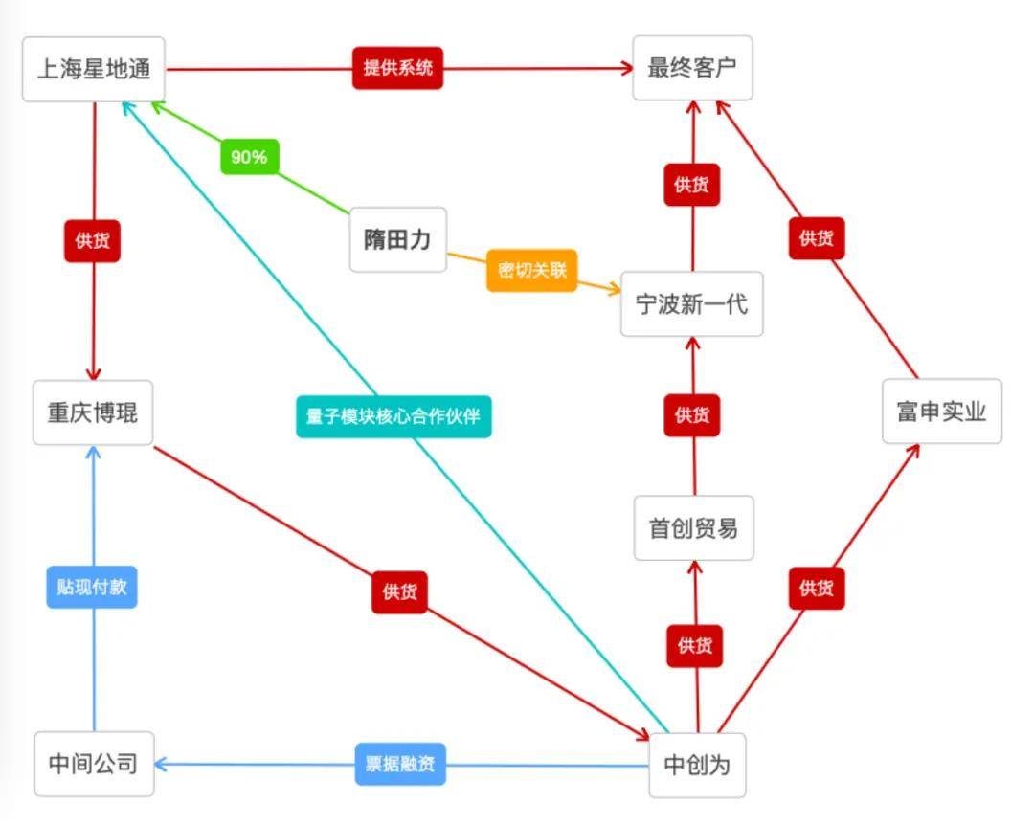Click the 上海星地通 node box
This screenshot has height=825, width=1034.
click(x=94, y=69)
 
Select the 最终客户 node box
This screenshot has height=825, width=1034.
click(x=692, y=68)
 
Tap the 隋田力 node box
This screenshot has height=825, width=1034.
click(x=397, y=239)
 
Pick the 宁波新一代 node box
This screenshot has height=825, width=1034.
click(x=692, y=304)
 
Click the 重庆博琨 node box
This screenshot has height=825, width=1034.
click(x=93, y=412)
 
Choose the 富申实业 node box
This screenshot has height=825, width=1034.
click(x=942, y=412)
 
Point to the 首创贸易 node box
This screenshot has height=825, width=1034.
click(x=694, y=528)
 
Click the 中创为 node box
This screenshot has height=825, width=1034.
click(x=698, y=765)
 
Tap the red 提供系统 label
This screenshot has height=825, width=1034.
click(x=397, y=68)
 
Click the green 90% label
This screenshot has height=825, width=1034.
click(x=249, y=157)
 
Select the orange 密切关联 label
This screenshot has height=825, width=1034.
click(x=532, y=271)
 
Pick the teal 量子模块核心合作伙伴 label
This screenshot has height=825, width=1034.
click(x=393, y=416)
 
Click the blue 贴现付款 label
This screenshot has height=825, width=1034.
click(x=92, y=587)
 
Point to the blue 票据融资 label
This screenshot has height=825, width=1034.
click(x=400, y=765)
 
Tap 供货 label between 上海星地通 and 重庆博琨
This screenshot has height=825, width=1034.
click(x=92, y=241)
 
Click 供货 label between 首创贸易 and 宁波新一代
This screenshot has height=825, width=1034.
click(x=692, y=415)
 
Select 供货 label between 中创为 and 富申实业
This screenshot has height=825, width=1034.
click(x=817, y=589)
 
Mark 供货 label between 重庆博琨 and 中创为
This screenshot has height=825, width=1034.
click(x=399, y=592)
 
